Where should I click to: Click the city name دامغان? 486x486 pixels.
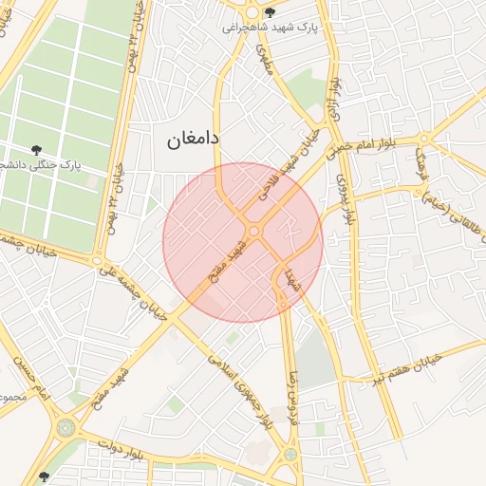[x=194, y=139]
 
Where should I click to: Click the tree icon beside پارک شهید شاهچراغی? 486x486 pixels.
[x=271, y=12]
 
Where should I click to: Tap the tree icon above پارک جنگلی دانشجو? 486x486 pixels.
[x=36, y=150]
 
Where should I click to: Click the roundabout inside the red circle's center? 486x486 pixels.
[x=253, y=232]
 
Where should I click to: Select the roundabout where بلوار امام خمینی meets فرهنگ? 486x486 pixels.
[x=423, y=140]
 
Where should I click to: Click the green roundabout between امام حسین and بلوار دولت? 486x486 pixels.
[x=65, y=428]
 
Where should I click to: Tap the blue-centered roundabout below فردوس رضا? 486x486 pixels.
[x=289, y=455]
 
